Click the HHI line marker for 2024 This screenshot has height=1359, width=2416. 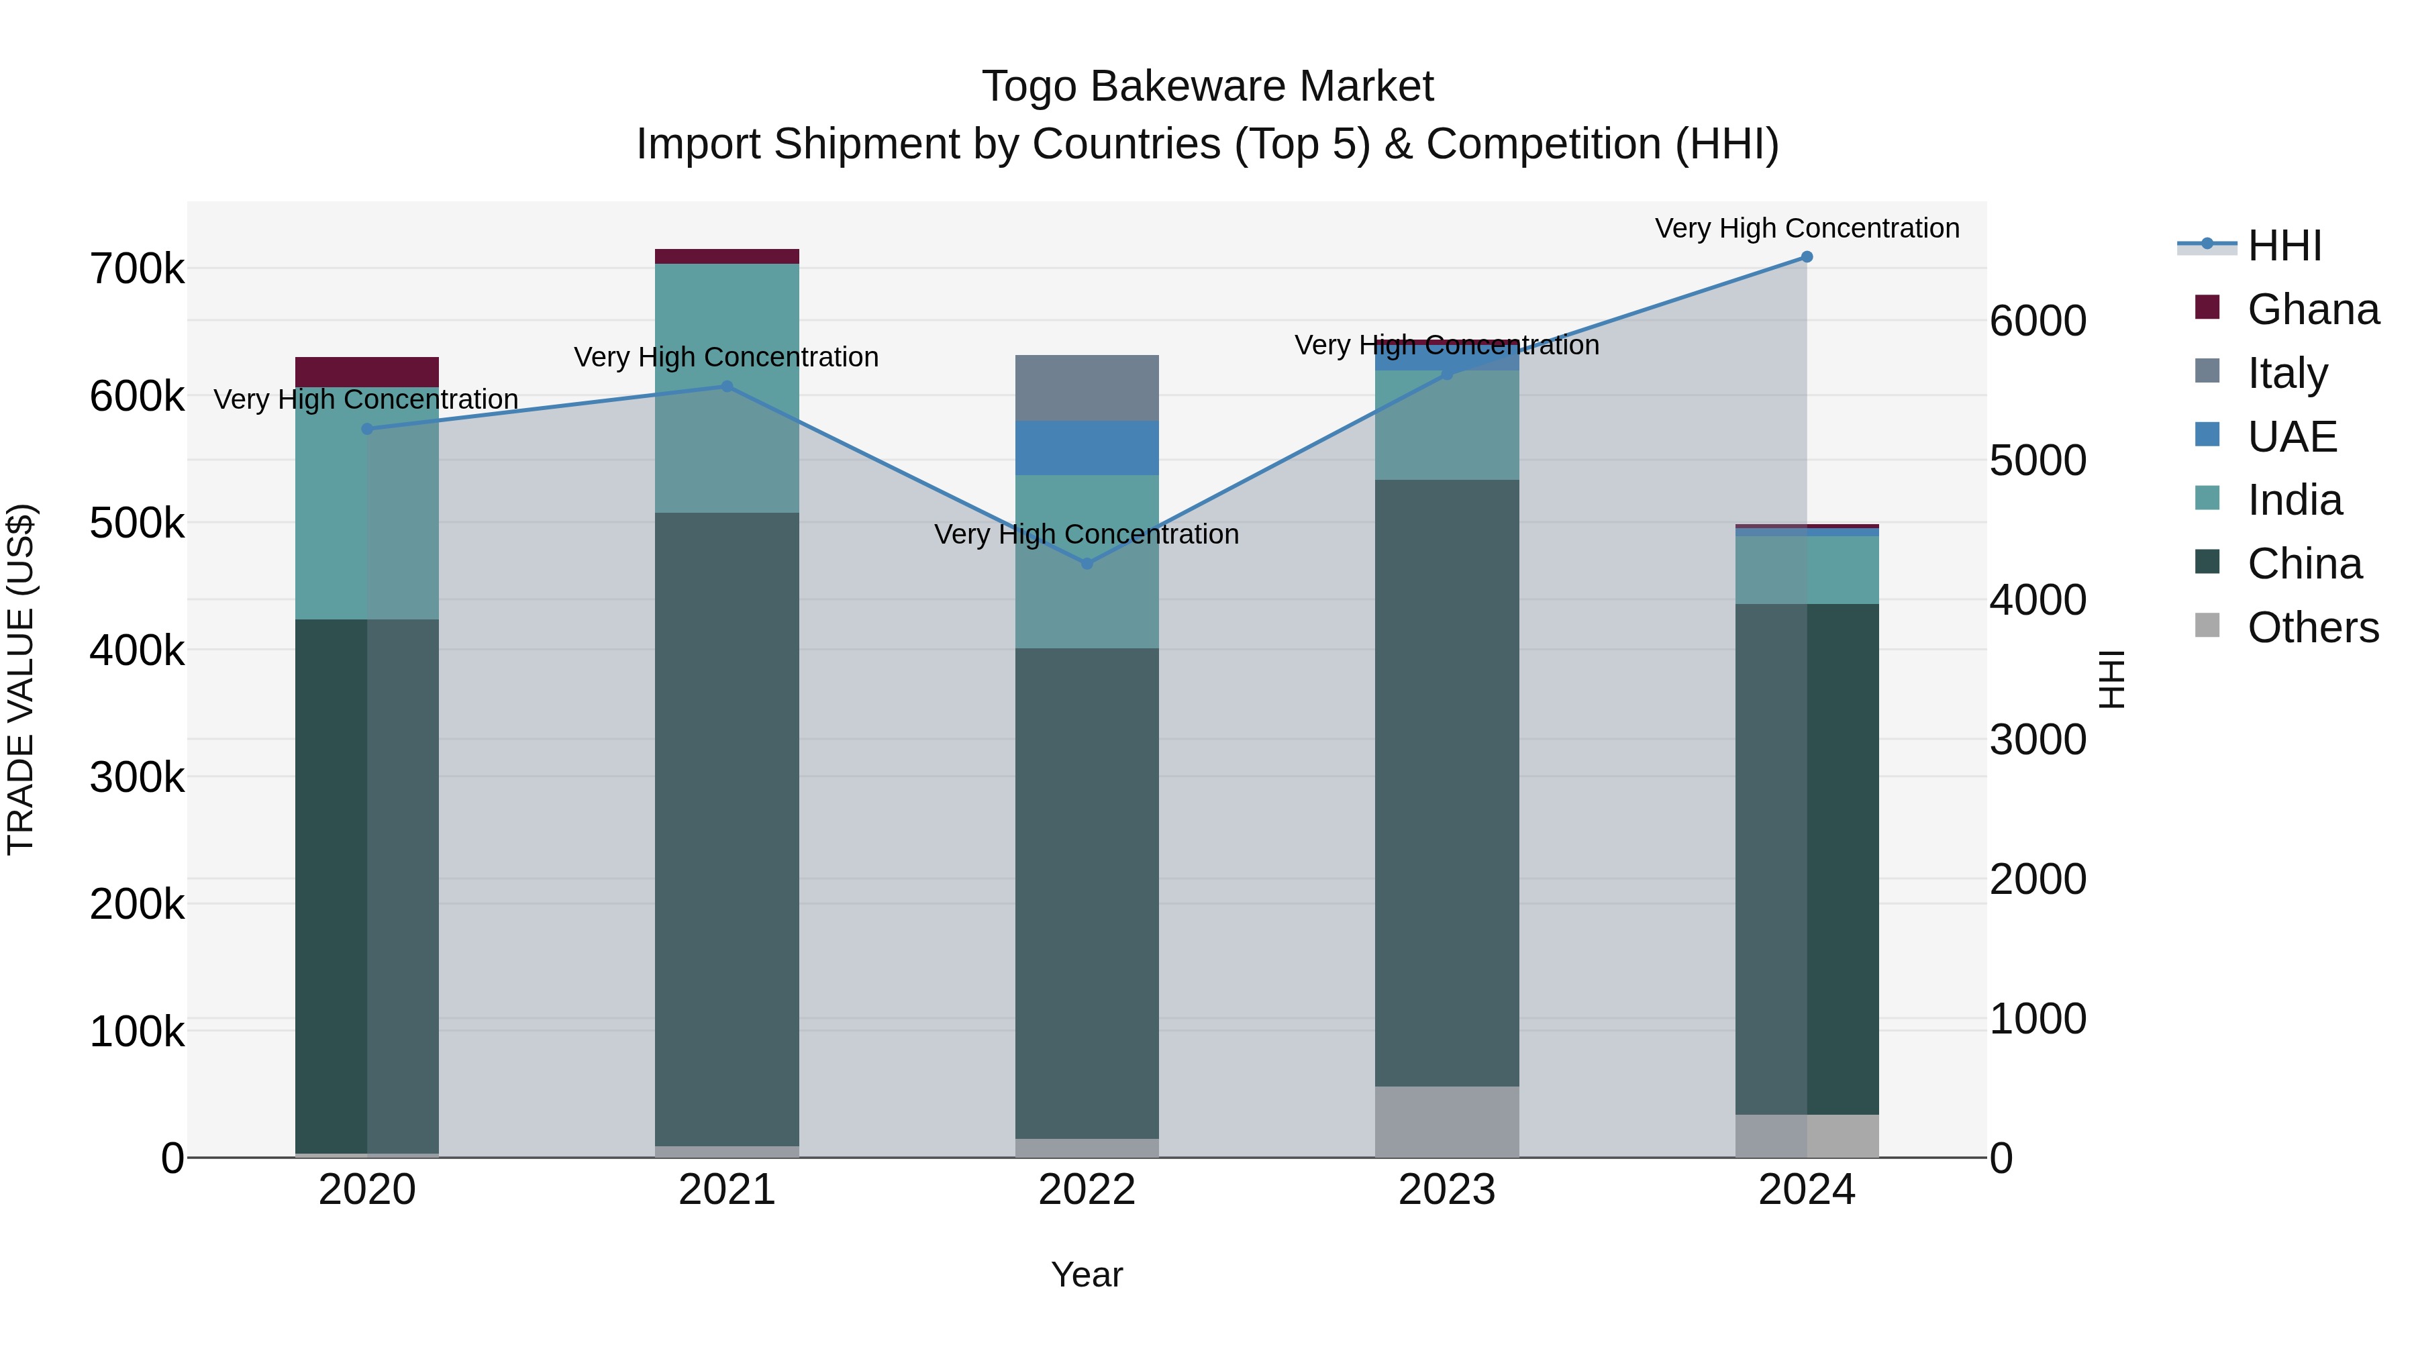click(x=1807, y=257)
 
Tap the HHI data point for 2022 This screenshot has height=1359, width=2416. click(x=1087, y=564)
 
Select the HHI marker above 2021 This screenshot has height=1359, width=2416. click(x=727, y=387)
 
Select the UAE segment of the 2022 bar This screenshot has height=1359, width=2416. click(x=1087, y=448)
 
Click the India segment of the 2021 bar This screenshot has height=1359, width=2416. click(x=727, y=389)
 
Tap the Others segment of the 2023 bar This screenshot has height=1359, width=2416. click(x=1446, y=1121)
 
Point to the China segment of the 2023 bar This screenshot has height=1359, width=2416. click(x=1446, y=783)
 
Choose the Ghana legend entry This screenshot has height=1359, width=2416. click(x=2313, y=309)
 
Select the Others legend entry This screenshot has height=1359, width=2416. click(x=2313, y=627)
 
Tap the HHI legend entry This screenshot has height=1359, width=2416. click(x=2284, y=246)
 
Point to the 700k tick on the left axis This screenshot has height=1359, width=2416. click(x=137, y=270)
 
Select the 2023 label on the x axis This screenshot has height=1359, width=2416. click(x=1446, y=1190)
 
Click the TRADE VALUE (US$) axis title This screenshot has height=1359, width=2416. click(x=21, y=679)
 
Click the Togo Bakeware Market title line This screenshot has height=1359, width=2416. click(x=1207, y=87)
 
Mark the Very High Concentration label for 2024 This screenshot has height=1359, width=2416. click(x=1807, y=229)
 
